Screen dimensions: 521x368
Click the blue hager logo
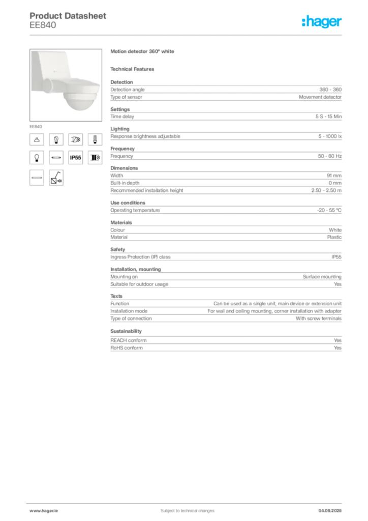click(322, 22)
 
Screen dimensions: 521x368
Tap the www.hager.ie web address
click(42, 510)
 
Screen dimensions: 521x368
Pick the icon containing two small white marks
click(56, 139)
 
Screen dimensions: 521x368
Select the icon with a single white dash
click(94, 139)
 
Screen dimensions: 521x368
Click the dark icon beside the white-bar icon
click(56, 178)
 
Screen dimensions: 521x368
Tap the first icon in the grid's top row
click(37, 139)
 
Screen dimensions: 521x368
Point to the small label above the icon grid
click(36, 125)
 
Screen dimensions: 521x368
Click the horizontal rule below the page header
click(187, 35)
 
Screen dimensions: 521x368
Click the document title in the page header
click(69, 16)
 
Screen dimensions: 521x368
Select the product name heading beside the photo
click(142, 52)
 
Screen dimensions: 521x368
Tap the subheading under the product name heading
click(134, 69)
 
